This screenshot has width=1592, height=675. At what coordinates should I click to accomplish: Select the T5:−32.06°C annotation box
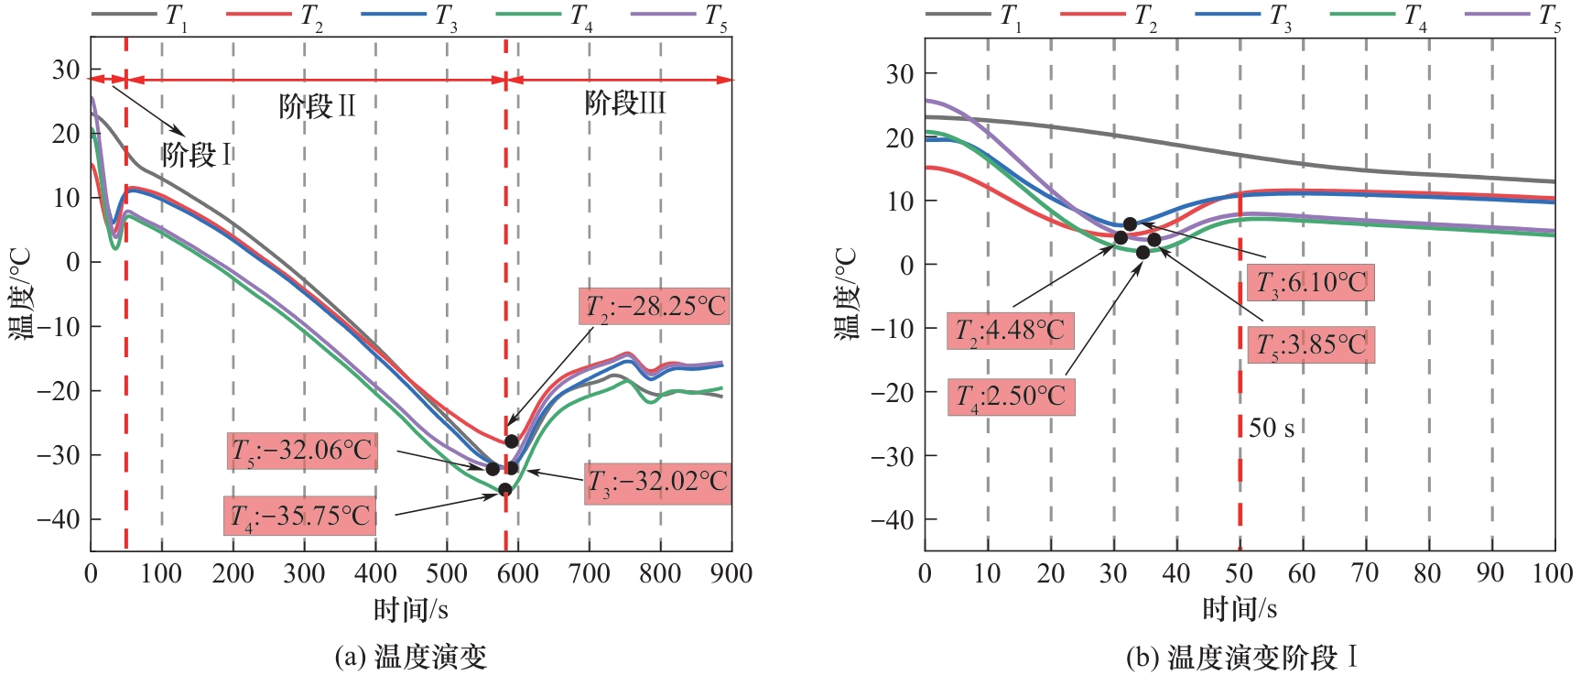[x=302, y=451]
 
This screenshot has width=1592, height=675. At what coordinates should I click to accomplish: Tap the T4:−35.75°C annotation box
[x=300, y=517]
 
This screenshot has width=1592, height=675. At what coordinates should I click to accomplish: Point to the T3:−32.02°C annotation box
[x=657, y=483]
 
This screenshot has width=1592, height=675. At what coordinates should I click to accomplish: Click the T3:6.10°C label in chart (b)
[x=1310, y=282]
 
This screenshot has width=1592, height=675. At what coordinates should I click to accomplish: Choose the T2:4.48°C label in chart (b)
[x=1010, y=330]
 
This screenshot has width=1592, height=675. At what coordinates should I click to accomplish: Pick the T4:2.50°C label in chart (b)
[x=1011, y=397]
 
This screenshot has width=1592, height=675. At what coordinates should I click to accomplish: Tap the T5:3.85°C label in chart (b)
[x=1310, y=345]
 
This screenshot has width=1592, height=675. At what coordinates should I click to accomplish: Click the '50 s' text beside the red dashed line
[x=1272, y=428]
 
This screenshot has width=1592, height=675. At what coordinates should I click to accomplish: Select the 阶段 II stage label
[x=317, y=106]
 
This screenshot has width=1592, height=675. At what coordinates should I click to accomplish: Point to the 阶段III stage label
[x=624, y=103]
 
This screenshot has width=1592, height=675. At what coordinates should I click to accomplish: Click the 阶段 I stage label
[x=196, y=155]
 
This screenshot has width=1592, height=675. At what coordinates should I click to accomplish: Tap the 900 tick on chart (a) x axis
[x=731, y=574]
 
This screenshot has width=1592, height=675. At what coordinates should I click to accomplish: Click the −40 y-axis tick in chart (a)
[x=59, y=519]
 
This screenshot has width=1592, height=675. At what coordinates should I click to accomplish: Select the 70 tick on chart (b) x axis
[x=1365, y=574]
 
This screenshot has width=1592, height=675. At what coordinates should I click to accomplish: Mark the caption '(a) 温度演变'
[x=410, y=657]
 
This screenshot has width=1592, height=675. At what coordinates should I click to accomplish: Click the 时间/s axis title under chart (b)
[x=1240, y=608]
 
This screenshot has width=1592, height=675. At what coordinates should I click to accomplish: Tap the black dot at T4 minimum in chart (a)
[x=505, y=490]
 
